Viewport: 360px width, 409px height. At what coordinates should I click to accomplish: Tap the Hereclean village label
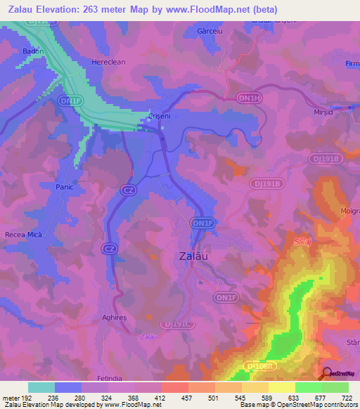[108, 62]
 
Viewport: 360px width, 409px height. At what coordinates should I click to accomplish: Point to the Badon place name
[33, 51]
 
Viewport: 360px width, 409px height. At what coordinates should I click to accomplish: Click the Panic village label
[65, 188]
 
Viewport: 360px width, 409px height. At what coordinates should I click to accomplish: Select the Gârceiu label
[210, 32]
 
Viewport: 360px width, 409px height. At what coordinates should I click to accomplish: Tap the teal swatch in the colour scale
[41, 387]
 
